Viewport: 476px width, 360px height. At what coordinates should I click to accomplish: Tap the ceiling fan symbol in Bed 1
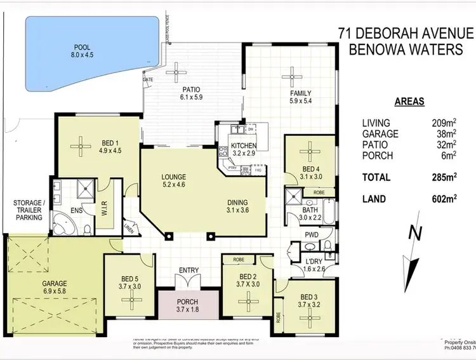click(x=81, y=147)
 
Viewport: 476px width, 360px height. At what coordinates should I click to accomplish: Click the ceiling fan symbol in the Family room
click(x=292, y=73)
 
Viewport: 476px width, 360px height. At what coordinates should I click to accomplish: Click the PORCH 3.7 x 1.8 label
click(x=188, y=305)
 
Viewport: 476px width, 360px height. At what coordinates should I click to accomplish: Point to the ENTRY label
click(x=188, y=270)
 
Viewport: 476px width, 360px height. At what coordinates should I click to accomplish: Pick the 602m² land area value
click(x=444, y=198)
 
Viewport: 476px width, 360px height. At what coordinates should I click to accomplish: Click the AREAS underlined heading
click(x=409, y=100)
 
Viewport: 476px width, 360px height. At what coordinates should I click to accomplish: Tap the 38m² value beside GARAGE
click(x=444, y=134)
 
